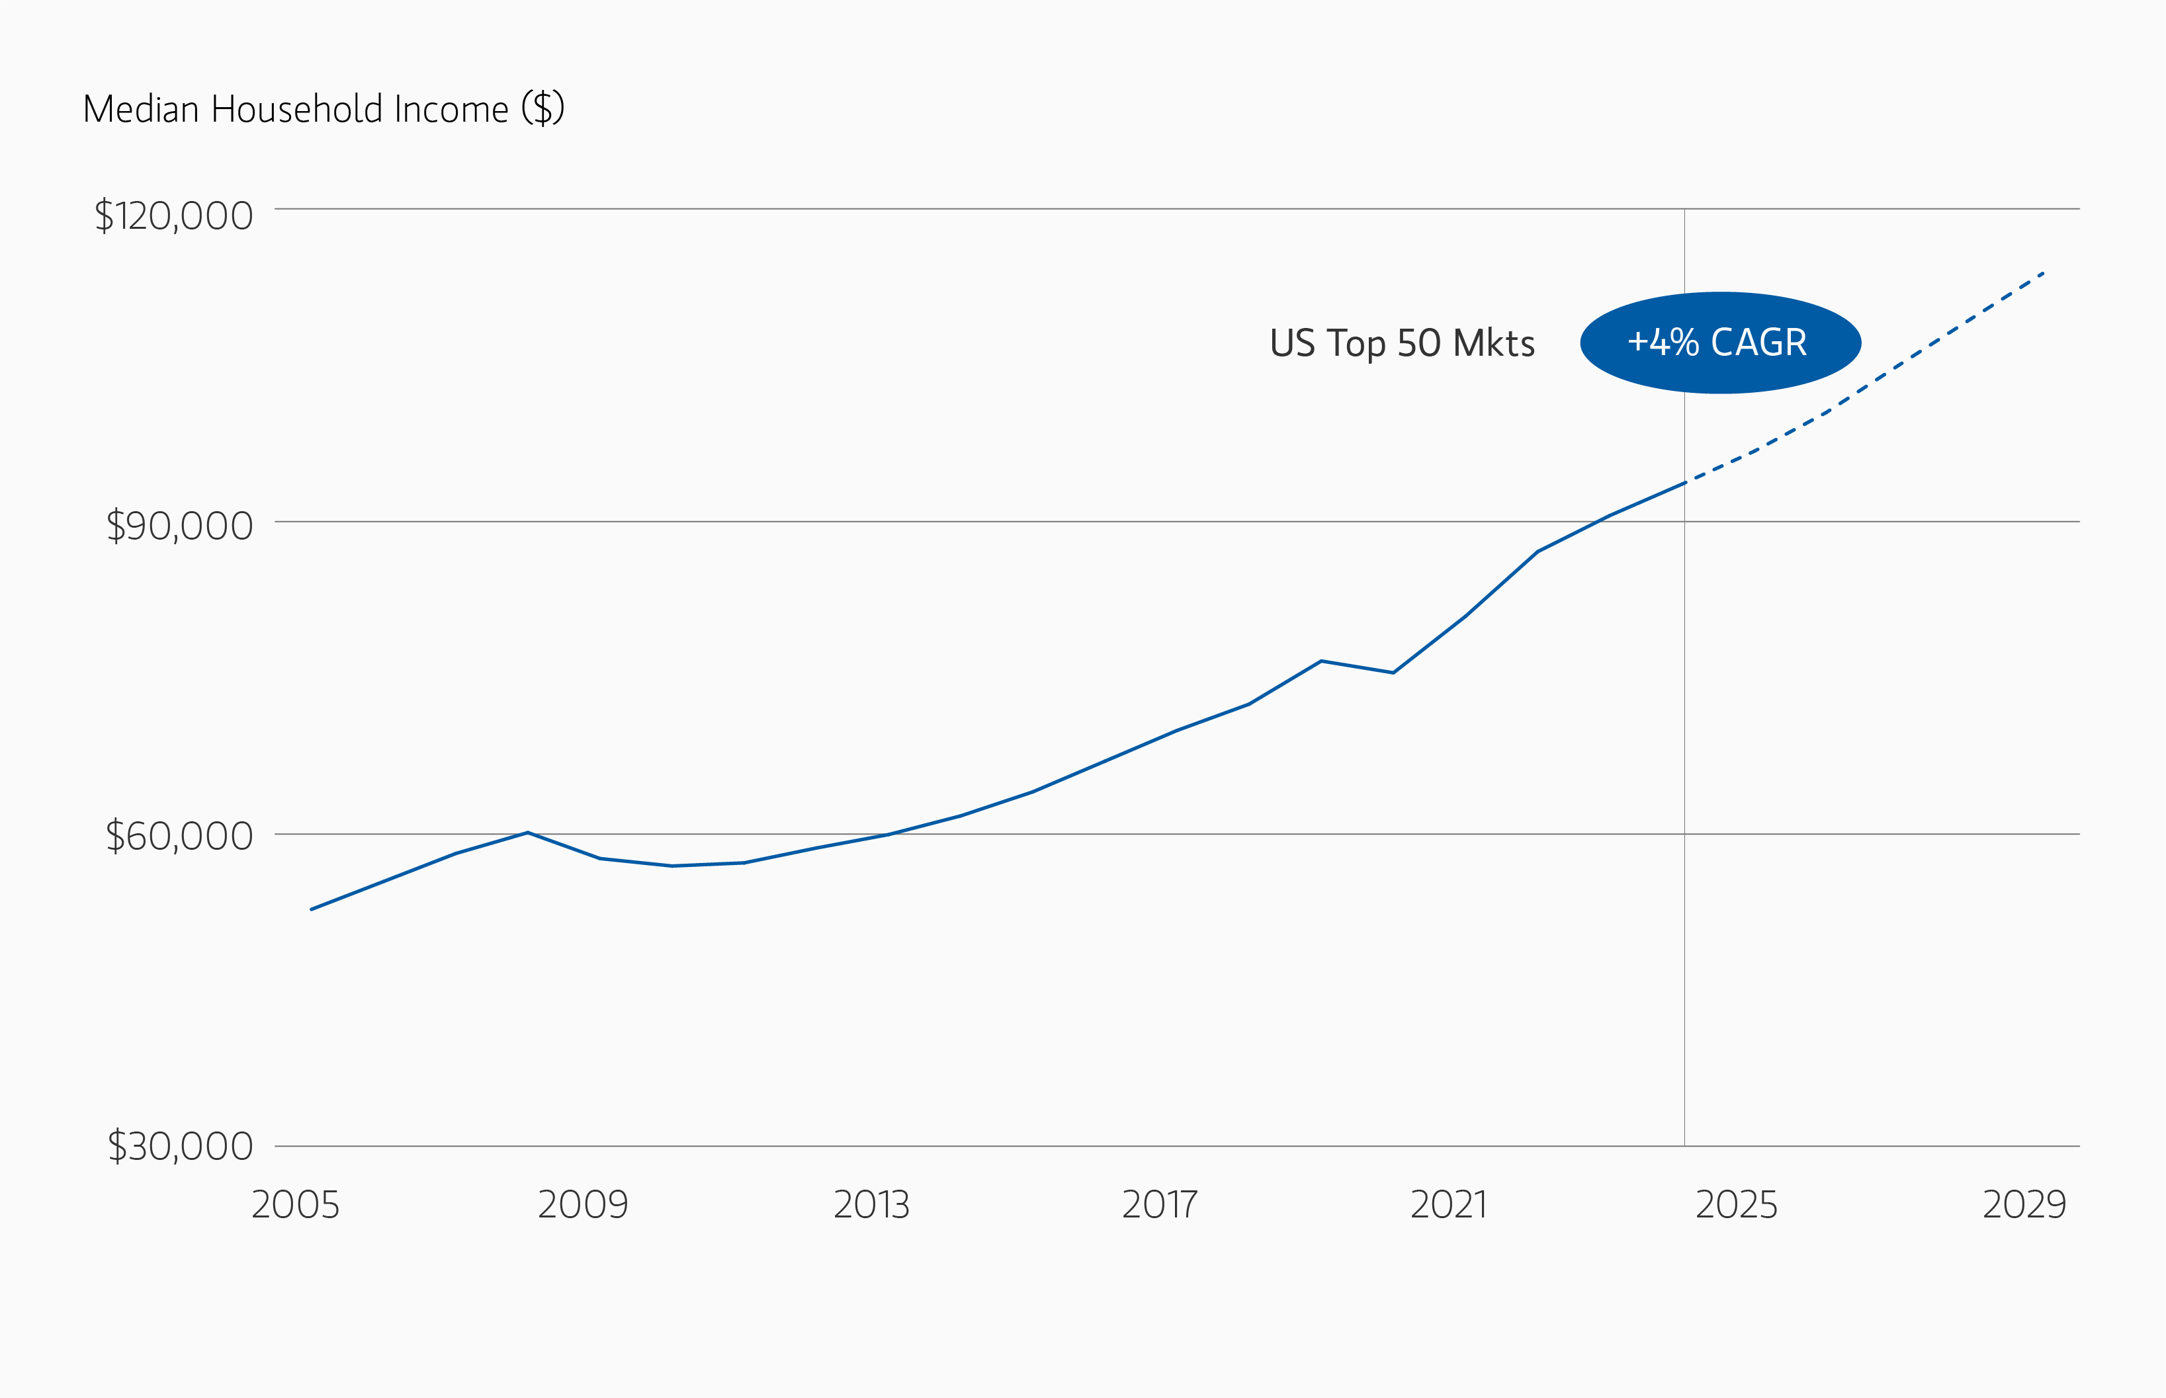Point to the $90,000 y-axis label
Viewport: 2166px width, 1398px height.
coord(179,526)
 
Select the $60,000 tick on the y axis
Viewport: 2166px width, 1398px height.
coord(179,836)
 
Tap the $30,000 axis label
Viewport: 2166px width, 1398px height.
coord(180,1147)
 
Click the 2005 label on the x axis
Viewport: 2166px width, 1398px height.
coord(295,1206)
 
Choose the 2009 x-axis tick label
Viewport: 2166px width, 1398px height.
coord(583,1206)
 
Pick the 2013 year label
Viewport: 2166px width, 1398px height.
coord(872,1206)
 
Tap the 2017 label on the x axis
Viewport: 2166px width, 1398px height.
coord(1160,1206)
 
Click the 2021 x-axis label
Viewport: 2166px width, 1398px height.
coord(1449,1206)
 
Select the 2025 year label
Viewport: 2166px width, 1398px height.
coord(1737,1206)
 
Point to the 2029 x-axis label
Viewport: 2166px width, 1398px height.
coord(2024,1206)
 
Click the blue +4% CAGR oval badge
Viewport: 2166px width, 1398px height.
coord(1720,343)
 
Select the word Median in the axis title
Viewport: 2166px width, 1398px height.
coord(141,110)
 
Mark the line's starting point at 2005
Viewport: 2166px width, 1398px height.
coord(312,909)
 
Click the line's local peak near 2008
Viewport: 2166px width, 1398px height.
coord(528,833)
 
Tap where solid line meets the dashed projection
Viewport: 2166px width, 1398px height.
coord(1684,483)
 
